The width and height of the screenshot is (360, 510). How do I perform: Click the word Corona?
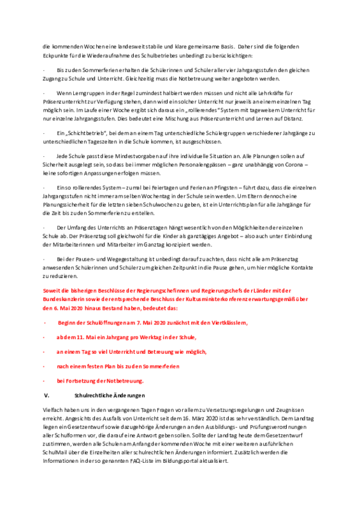(x=294, y=164)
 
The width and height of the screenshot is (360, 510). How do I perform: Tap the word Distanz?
(x=294, y=119)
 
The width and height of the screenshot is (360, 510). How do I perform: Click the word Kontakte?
(x=302, y=268)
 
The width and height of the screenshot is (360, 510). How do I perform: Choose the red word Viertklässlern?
(x=229, y=323)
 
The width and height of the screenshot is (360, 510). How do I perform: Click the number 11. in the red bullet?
(x=80, y=337)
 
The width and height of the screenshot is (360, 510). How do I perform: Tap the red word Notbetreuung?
(x=125, y=381)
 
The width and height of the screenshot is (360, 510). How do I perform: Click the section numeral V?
(x=47, y=395)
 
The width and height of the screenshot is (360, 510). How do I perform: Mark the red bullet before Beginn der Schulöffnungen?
(x=45, y=323)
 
